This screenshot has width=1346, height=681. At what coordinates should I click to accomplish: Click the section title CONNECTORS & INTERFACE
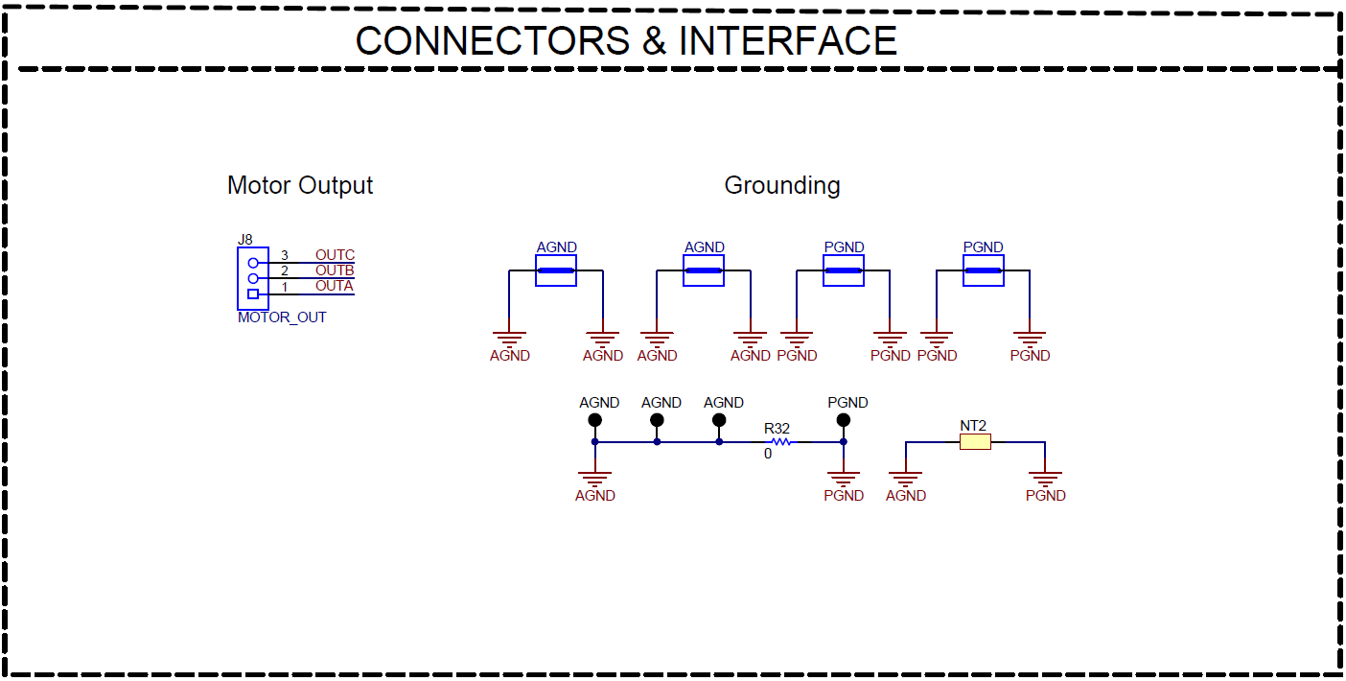(626, 41)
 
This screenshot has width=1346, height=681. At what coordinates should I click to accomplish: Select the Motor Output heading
(299, 185)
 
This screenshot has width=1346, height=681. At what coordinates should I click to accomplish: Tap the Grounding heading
(781, 185)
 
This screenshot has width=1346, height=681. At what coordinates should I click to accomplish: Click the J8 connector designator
(245, 240)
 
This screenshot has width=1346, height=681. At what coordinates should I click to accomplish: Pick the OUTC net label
(335, 255)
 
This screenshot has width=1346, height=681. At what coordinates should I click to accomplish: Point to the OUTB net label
(335, 270)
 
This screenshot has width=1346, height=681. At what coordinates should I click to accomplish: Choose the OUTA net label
(334, 286)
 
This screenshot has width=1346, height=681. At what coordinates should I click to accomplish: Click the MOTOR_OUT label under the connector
(282, 317)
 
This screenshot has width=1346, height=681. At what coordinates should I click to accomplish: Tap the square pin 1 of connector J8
(253, 294)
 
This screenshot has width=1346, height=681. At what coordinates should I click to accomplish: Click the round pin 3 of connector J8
(253, 263)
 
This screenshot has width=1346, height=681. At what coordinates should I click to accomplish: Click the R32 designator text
(777, 428)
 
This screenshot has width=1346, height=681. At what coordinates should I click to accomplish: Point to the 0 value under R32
(767, 454)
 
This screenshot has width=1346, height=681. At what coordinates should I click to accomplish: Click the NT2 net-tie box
(975, 442)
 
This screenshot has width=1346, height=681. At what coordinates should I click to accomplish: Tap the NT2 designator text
(973, 425)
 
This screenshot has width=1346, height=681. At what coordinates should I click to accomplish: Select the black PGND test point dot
(844, 420)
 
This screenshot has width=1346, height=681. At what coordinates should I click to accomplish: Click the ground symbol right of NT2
(1045, 477)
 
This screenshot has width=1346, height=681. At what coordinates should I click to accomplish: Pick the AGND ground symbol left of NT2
(905, 477)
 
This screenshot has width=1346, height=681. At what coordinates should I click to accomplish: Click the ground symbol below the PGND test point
(844, 477)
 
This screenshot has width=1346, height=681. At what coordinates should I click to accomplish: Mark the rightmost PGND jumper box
(983, 270)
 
